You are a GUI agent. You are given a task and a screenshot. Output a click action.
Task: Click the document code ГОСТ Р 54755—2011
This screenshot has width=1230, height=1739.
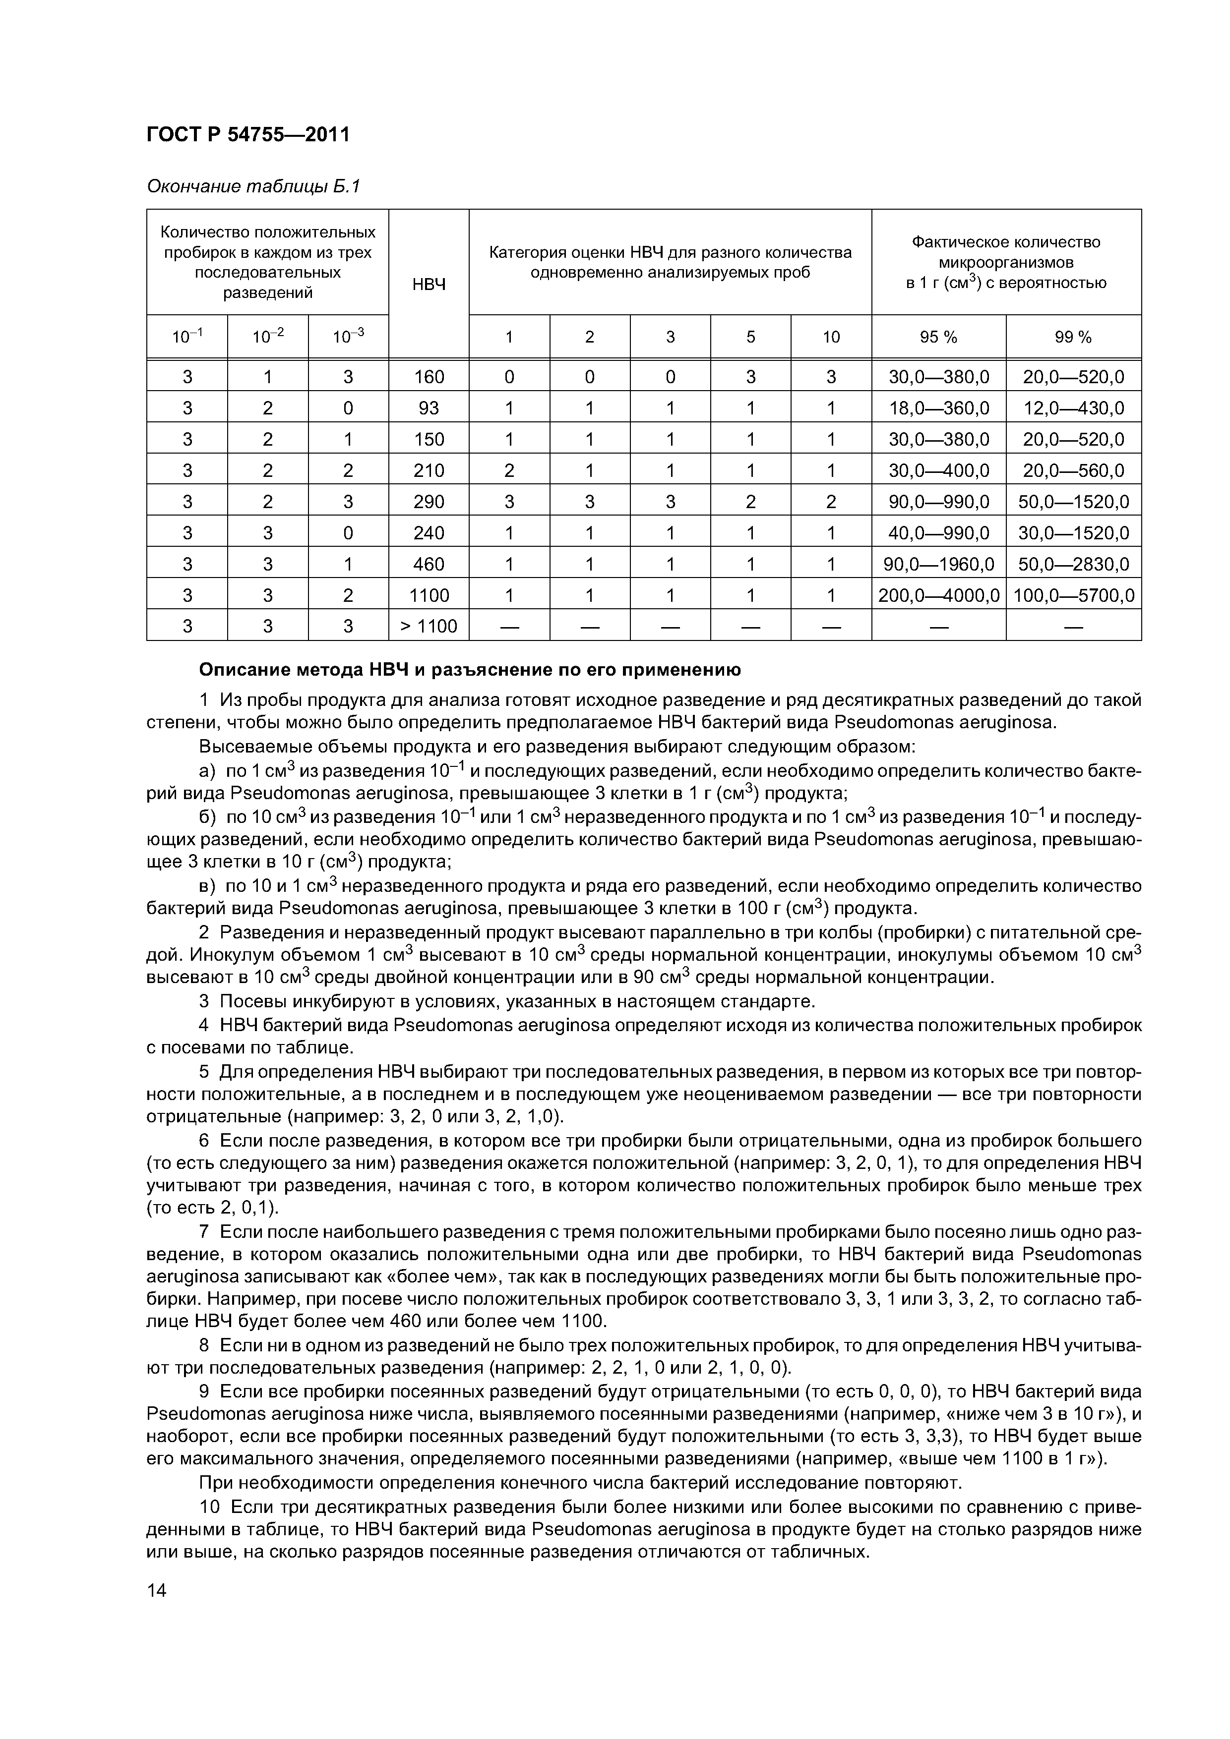pos(248,135)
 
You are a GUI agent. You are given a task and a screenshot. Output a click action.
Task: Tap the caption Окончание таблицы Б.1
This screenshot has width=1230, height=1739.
pos(253,186)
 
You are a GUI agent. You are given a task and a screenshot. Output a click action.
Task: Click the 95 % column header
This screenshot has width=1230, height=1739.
pos(938,338)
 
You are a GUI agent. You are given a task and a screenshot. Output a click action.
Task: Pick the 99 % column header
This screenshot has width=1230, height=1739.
pos(1073,338)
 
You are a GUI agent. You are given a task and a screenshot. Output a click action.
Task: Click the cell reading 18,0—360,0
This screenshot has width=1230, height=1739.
pos(938,408)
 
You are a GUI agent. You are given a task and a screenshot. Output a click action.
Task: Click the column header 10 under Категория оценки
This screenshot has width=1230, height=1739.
pos(831,338)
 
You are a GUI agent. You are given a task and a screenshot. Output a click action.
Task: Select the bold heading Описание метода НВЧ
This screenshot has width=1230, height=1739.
pos(469,670)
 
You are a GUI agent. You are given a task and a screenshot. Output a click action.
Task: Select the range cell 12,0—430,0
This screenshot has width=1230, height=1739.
pos(1073,408)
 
